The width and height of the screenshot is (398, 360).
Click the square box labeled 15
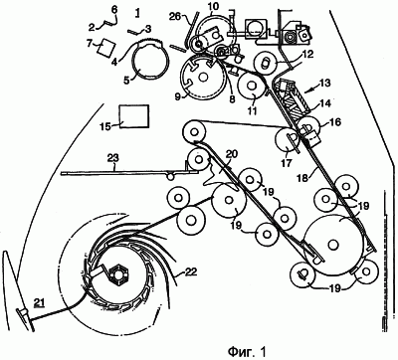click(x=133, y=116)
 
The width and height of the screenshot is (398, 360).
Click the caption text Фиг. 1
click(x=247, y=350)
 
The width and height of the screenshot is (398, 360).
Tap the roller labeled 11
click(x=252, y=86)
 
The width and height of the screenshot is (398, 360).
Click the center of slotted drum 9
click(x=203, y=77)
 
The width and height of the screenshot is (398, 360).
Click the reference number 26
click(x=179, y=16)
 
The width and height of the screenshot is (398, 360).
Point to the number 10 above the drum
click(x=212, y=7)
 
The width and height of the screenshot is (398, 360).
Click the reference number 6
click(x=114, y=10)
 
